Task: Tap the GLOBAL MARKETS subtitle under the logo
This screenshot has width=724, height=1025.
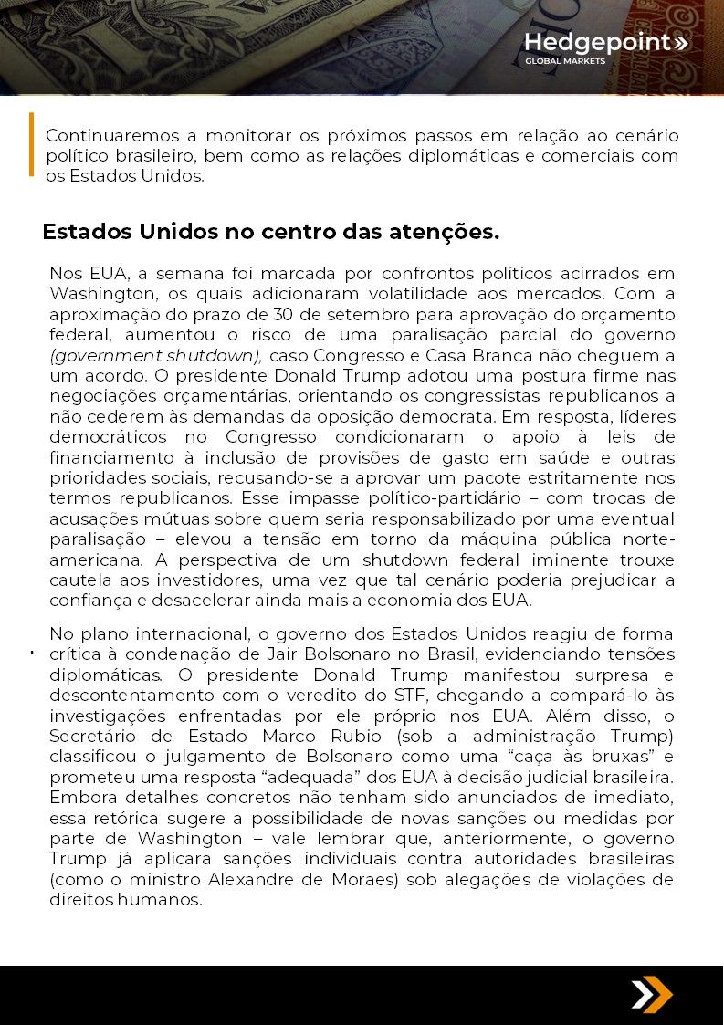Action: [x=564, y=62]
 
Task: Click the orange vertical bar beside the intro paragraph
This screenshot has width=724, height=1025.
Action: [x=31, y=143]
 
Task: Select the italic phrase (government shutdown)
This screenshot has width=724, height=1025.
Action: [x=156, y=355]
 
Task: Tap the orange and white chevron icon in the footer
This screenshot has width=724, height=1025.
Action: [x=651, y=995]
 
